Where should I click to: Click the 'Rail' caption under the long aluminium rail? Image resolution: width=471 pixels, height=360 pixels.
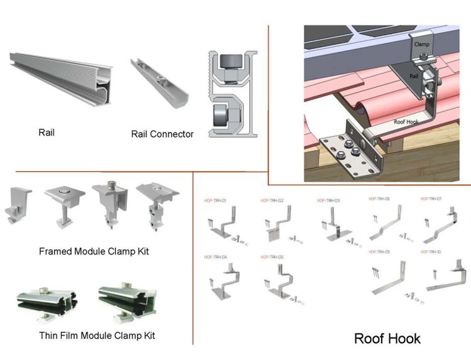tap(46, 133)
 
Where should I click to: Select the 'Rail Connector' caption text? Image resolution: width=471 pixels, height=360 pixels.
tap(162, 134)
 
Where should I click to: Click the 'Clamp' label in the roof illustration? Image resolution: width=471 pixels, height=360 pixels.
tap(421, 45)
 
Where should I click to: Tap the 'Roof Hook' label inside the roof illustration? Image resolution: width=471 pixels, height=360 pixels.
tap(407, 123)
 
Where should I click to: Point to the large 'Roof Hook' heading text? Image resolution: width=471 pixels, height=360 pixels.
tap(387, 339)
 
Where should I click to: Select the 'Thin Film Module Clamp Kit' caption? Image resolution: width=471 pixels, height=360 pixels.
tap(97, 335)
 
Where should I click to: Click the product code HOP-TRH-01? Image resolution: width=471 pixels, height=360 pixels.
tap(215, 200)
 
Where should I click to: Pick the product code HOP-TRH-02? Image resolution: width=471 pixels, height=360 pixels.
tap(272, 200)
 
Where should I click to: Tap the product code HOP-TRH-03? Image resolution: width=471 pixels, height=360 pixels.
tap(328, 200)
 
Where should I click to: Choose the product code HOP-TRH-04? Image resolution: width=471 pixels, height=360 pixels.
tap(215, 257)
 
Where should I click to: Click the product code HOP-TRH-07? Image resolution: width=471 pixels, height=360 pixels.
tap(431, 199)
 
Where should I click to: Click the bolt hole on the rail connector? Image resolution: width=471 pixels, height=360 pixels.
tap(161, 80)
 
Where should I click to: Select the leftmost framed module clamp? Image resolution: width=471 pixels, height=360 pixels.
tap(19, 204)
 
